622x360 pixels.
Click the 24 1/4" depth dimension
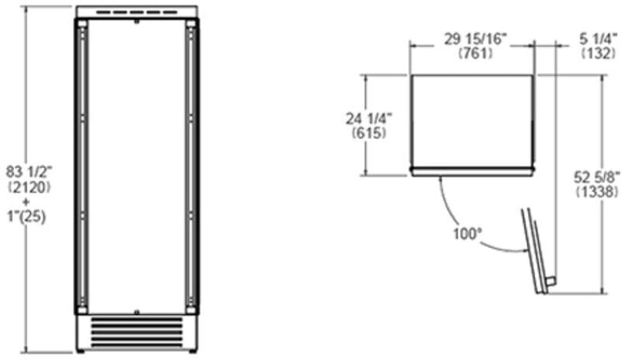[x=369, y=119]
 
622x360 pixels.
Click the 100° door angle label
[x=466, y=232]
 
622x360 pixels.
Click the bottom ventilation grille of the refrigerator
[x=137, y=330]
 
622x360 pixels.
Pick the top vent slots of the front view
[x=137, y=13]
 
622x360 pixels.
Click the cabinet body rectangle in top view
[x=471, y=121]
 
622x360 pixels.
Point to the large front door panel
[x=137, y=163]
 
